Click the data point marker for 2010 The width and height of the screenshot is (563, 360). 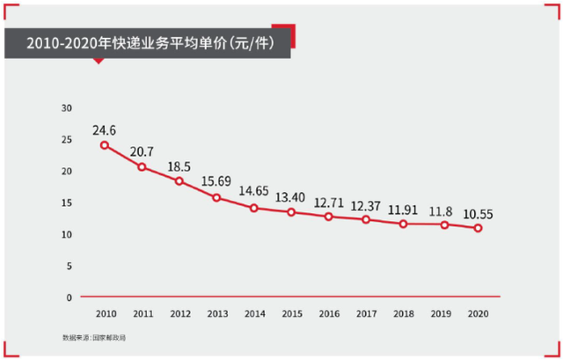pos(105,144)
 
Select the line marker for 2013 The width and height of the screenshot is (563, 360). pos(216,197)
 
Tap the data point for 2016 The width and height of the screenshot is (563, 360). pos(328,217)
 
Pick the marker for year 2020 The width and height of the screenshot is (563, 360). pos(478,228)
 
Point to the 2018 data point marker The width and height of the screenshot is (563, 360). pos(403,224)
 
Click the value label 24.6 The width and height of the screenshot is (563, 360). pos(105,129)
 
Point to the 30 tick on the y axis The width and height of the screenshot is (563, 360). pos(67,107)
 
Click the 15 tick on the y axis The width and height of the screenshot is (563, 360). pos(67,202)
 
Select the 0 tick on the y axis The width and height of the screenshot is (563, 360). pos(69,298)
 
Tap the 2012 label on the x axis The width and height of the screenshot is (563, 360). pos(179,314)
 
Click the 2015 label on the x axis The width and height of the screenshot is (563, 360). pos(292,314)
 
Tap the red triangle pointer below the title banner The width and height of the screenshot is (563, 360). pos(99,61)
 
